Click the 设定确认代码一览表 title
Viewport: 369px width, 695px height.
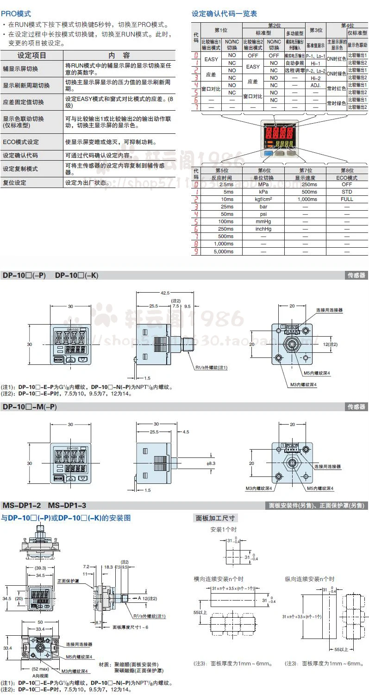click(x=225, y=14)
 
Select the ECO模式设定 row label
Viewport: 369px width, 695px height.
click(x=21, y=142)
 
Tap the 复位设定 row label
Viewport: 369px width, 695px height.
click(x=15, y=182)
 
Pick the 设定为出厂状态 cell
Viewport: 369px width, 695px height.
click(x=88, y=182)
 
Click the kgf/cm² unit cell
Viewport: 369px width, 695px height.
click(x=263, y=199)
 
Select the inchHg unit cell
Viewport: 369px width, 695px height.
click(x=263, y=229)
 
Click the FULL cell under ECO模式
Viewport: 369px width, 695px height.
click(x=347, y=199)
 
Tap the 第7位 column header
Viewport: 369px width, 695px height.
click(x=306, y=170)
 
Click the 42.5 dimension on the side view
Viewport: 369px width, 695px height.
click(x=165, y=293)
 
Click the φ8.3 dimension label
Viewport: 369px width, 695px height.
click(x=211, y=463)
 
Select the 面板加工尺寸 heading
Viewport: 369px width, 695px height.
click(x=215, y=518)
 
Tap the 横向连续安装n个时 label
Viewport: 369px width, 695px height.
click(x=219, y=579)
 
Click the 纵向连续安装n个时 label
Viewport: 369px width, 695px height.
click(x=310, y=579)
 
